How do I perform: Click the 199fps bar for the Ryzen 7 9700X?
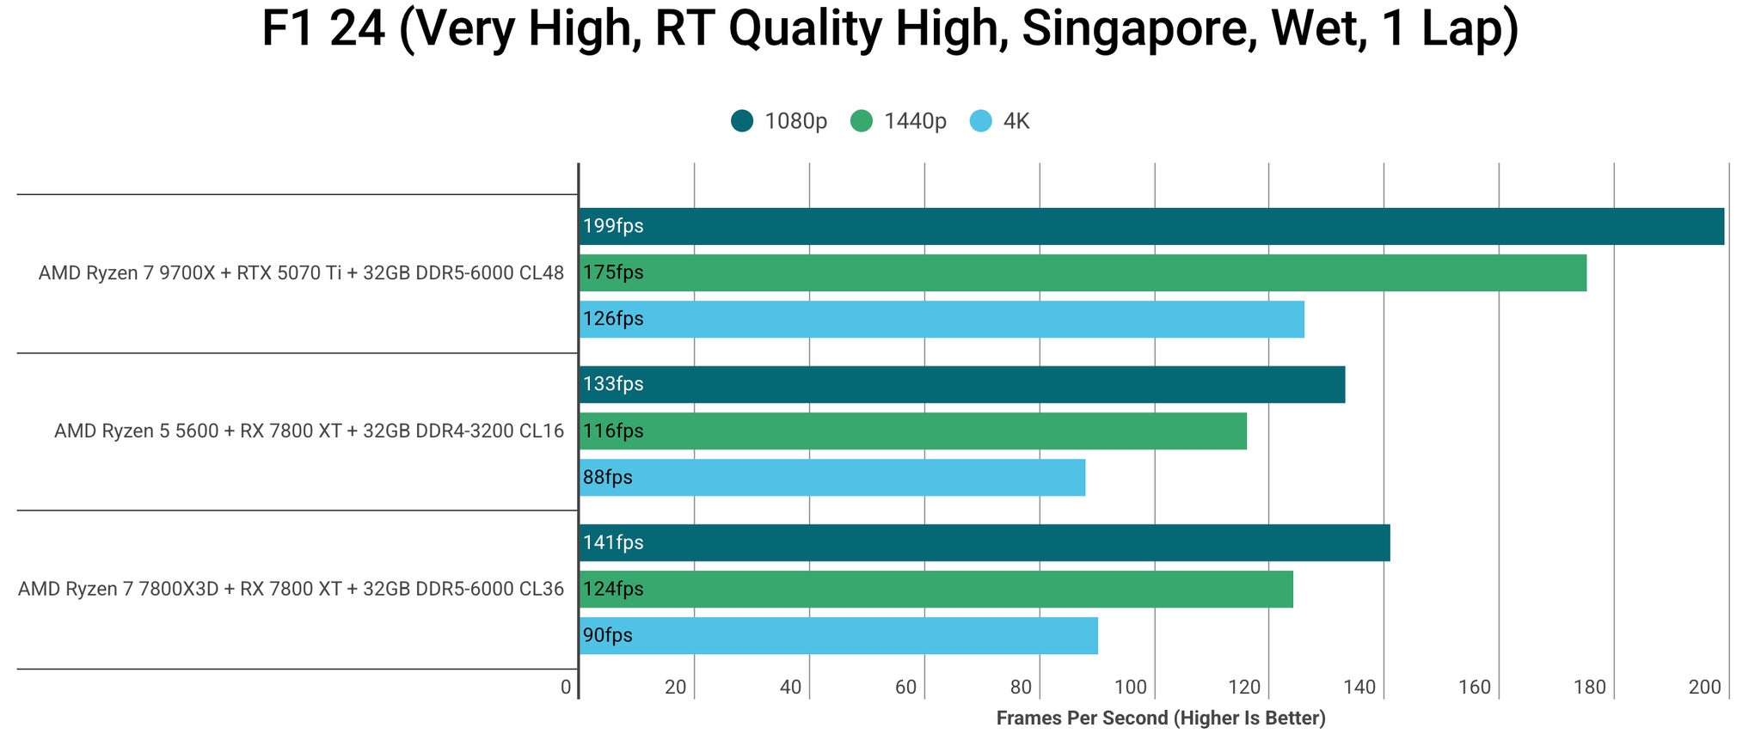click(x=1151, y=226)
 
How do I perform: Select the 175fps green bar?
click(x=1083, y=272)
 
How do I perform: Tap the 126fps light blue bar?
click(x=942, y=319)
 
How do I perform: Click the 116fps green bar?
click(x=912, y=431)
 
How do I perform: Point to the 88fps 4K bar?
click(x=831, y=477)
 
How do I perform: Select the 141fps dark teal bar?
click(x=984, y=542)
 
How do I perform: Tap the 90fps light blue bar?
click(x=838, y=635)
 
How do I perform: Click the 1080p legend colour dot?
click(x=742, y=121)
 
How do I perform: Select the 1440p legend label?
click(x=915, y=121)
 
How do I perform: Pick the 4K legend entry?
click(x=1015, y=121)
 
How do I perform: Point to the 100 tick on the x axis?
click(x=1131, y=687)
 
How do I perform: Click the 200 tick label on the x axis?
click(x=1704, y=687)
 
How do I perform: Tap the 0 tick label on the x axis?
click(x=565, y=687)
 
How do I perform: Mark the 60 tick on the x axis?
click(x=905, y=687)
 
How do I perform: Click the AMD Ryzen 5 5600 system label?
click(x=309, y=431)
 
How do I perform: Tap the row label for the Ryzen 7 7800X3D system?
click(x=291, y=589)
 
